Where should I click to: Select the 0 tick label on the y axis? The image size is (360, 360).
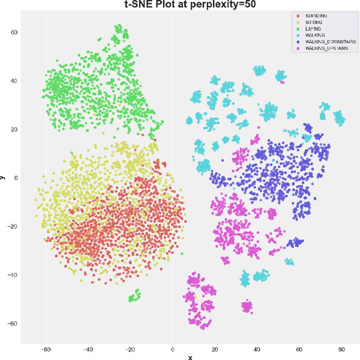point(16,178)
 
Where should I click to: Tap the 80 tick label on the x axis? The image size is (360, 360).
point(341,349)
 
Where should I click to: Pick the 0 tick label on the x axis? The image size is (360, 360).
point(173,349)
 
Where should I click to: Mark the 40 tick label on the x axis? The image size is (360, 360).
point(256,349)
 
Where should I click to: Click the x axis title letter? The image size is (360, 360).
point(190,357)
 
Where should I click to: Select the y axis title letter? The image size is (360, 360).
point(3,177)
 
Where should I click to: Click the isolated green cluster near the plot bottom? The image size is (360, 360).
point(134,296)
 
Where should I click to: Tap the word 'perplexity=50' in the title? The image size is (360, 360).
point(223,5)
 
